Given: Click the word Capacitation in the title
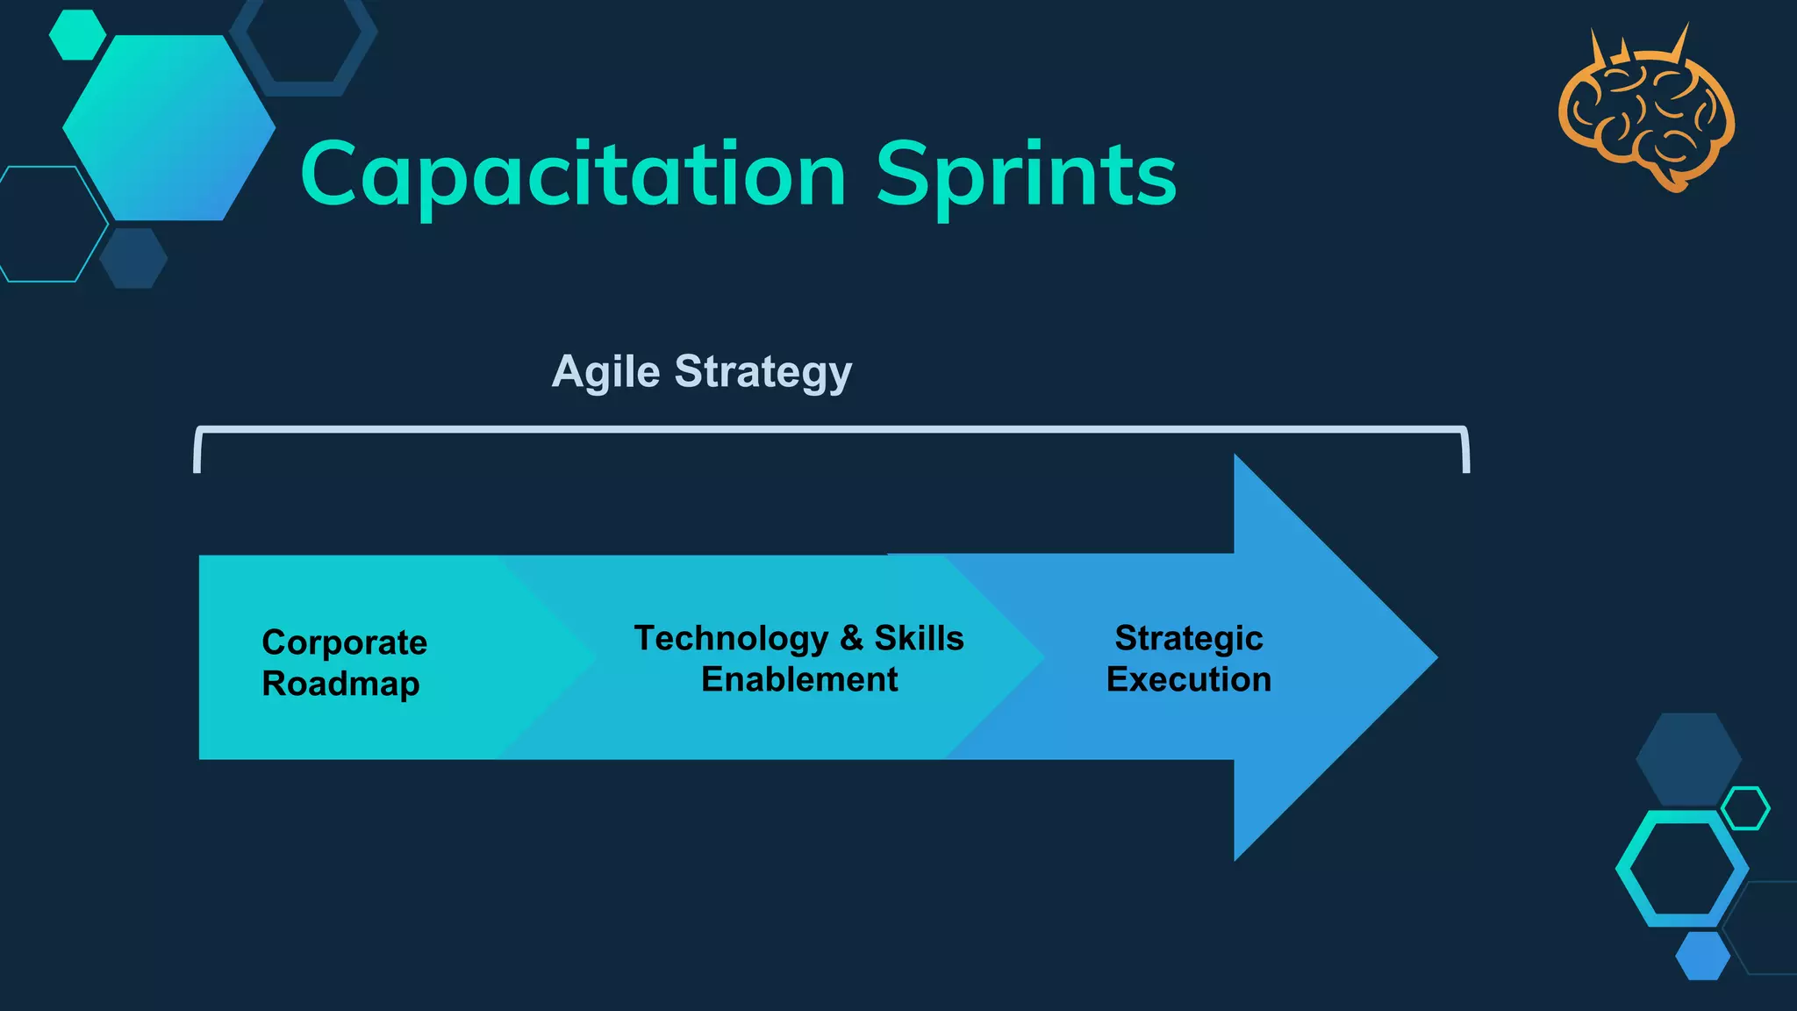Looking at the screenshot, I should click(x=573, y=175).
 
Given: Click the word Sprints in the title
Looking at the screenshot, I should click(x=1026, y=175).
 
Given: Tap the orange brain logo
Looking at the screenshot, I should click(x=1646, y=114).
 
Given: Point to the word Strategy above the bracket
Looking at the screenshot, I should click(x=762, y=372).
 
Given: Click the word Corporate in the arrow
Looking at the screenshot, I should click(x=344, y=642).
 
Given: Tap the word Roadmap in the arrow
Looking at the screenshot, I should click(x=340, y=684).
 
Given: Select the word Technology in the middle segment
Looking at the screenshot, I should click(x=731, y=639).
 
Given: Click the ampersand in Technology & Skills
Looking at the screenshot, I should click(x=851, y=638).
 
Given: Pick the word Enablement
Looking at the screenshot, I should click(x=799, y=679).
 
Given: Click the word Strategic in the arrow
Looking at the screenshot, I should click(x=1188, y=638).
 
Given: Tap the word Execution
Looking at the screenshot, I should click(x=1188, y=679).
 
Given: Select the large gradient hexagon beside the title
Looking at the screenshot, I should click(x=168, y=128).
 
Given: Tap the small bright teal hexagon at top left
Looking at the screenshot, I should click(x=77, y=35).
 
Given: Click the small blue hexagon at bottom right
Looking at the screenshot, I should click(x=1702, y=956).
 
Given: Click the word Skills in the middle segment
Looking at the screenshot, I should click(x=919, y=638).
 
